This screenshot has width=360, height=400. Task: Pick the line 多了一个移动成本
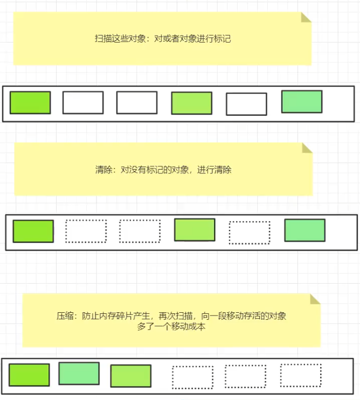[x=171, y=326]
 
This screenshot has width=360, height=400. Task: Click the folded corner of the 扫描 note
[x=306, y=17]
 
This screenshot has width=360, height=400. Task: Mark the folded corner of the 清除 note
[x=307, y=148]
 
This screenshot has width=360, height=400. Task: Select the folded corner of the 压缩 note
[x=315, y=299]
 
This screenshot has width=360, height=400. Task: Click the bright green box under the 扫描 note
[x=30, y=102]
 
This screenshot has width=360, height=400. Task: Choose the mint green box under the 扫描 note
[x=302, y=101]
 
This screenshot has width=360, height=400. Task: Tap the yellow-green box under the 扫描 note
[x=191, y=103]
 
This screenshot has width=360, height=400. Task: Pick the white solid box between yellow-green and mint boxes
[x=246, y=104]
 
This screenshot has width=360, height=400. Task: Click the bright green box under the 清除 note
[x=33, y=231]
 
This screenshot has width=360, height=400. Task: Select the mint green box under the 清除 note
[x=304, y=230]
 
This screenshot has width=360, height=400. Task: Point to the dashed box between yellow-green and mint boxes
[x=249, y=232]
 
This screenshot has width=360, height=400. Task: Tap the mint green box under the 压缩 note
[x=79, y=373]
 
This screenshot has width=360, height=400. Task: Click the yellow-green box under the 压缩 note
[x=130, y=376]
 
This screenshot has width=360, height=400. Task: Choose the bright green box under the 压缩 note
[x=29, y=375]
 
